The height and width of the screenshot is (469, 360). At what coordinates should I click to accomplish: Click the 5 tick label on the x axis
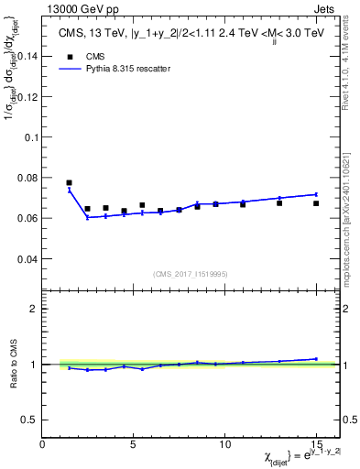[x=134, y=444]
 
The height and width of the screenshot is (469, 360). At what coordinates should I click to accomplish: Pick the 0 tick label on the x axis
[x=42, y=444]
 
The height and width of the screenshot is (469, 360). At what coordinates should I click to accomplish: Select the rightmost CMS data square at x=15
[x=316, y=203]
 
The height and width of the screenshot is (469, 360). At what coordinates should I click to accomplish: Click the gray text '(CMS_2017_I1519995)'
[x=190, y=274]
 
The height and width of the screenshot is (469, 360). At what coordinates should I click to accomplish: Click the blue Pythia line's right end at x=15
[x=316, y=194]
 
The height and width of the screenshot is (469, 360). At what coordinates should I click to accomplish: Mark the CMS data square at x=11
[x=243, y=204]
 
